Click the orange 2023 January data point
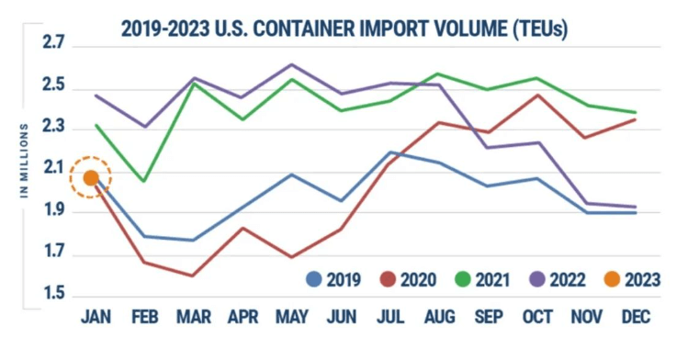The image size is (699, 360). pos(90,178)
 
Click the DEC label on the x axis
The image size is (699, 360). pos(635,318)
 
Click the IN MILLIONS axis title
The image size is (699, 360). pos(25,161)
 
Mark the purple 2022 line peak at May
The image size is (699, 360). pos(292,64)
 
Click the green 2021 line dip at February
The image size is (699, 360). pos(144,181)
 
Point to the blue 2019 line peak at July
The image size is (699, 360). pos(392,152)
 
